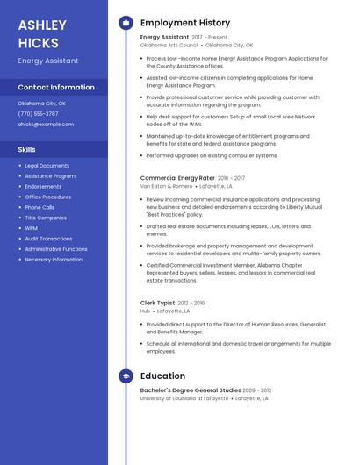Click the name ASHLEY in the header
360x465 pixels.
click(x=42, y=25)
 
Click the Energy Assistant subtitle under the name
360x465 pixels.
click(x=48, y=61)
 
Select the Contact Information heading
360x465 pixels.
click(x=56, y=88)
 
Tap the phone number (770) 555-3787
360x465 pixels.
click(x=38, y=114)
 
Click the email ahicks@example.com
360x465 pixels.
click(x=46, y=125)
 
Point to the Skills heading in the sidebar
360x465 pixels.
click(x=26, y=150)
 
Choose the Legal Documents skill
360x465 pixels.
click(x=47, y=166)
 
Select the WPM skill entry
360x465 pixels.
click(x=32, y=228)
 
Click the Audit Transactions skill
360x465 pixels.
click(x=48, y=239)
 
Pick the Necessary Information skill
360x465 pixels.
click(x=54, y=260)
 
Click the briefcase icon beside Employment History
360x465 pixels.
click(x=126, y=23)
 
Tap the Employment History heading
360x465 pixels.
click(x=185, y=23)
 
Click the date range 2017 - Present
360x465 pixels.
click(x=209, y=38)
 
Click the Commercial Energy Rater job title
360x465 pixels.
click(x=177, y=178)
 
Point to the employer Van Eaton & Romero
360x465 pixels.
click(x=166, y=186)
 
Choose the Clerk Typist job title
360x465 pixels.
click(x=158, y=303)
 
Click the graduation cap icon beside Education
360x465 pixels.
click(x=126, y=376)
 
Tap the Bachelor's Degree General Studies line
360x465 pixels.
click(x=191, y=390)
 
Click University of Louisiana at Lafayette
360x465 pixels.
click(x=184, y=398)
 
